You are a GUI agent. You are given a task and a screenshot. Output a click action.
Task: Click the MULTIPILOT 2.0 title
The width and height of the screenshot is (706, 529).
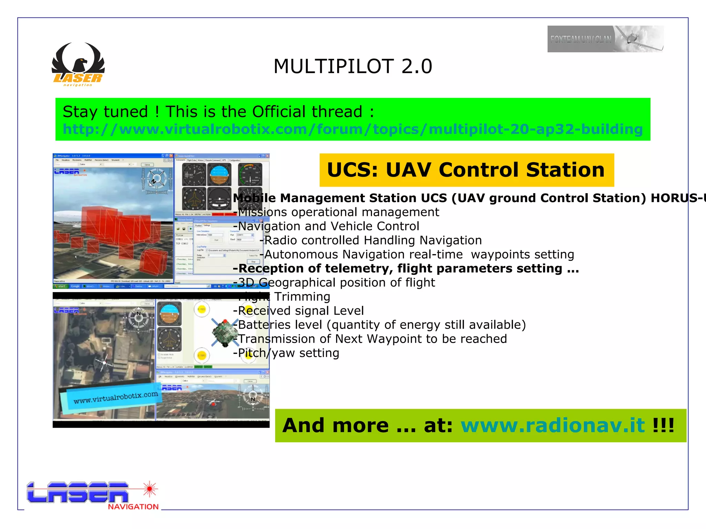352,66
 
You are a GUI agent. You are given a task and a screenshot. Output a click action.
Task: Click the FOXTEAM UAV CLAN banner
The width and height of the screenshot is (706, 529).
605,39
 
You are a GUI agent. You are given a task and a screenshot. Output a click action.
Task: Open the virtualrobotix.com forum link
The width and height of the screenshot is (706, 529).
352,129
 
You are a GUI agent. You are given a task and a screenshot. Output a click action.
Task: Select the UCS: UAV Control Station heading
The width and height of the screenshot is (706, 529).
466,170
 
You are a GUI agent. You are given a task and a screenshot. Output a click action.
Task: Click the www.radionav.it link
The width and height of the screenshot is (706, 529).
553,425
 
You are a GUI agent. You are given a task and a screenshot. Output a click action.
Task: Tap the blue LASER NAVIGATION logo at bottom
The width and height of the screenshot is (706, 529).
78,493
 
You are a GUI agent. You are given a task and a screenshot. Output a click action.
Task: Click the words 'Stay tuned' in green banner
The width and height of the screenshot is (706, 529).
105,112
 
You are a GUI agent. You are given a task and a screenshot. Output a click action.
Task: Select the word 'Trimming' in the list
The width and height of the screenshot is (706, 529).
302,297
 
